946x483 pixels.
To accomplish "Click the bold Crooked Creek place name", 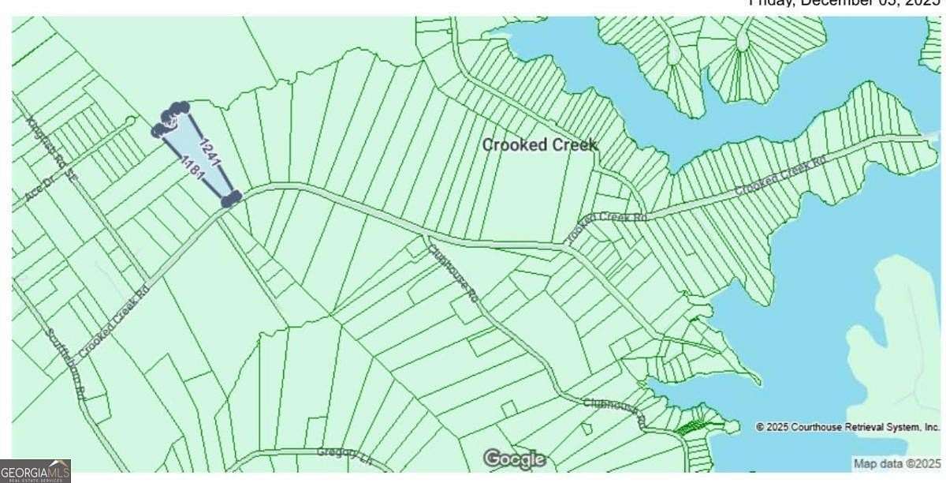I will tap(539, 145).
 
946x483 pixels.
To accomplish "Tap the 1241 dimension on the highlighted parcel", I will tap(209, 152).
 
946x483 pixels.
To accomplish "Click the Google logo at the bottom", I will tap(514, 459).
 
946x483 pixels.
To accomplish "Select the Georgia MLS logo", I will tap(35, 471).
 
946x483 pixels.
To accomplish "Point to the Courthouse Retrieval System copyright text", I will tap(847, 427).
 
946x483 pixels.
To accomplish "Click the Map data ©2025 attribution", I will tap(896, 464).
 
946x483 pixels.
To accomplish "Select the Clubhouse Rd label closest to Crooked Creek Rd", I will tap(453, 272).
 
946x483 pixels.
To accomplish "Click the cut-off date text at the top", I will tap(844, 4).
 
